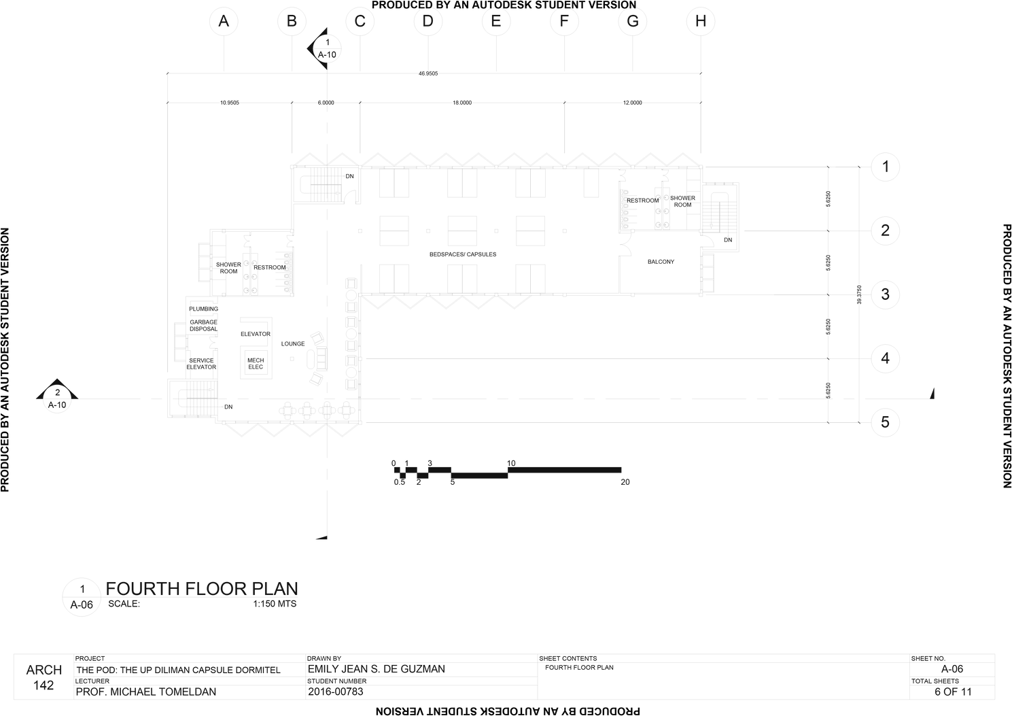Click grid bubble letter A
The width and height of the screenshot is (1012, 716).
click(x=224, y=21)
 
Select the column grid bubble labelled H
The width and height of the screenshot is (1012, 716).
click(x=700, y=21)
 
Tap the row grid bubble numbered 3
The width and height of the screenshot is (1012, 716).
click(x=885, y=294)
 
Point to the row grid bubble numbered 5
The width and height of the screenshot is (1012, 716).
click(x=885, y=422)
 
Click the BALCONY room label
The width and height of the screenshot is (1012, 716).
click(x=661, y=262)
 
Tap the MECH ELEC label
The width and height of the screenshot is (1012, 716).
click(x=255, y=364)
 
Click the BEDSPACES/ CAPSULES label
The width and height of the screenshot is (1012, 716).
click(x=462, y=254)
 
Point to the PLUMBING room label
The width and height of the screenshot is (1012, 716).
click(x=204, y=309)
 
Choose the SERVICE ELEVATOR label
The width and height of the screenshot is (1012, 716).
click(x=202, y=364)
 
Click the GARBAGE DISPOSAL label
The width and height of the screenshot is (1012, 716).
click(x=203, y=325)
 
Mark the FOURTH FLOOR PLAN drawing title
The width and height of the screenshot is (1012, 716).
click(x=202, y=589)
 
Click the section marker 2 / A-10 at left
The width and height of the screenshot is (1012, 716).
click(x=57, y=398)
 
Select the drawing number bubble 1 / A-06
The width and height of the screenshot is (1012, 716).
click(x=82, y=596)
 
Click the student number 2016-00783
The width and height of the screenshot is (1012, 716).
click(x=336, y=692)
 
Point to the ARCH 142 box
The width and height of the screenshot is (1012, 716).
click(x=44, y=677)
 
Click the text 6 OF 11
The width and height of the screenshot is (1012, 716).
click(x=953, y=692)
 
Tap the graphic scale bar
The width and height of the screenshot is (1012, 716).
click(x=508, y=473)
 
